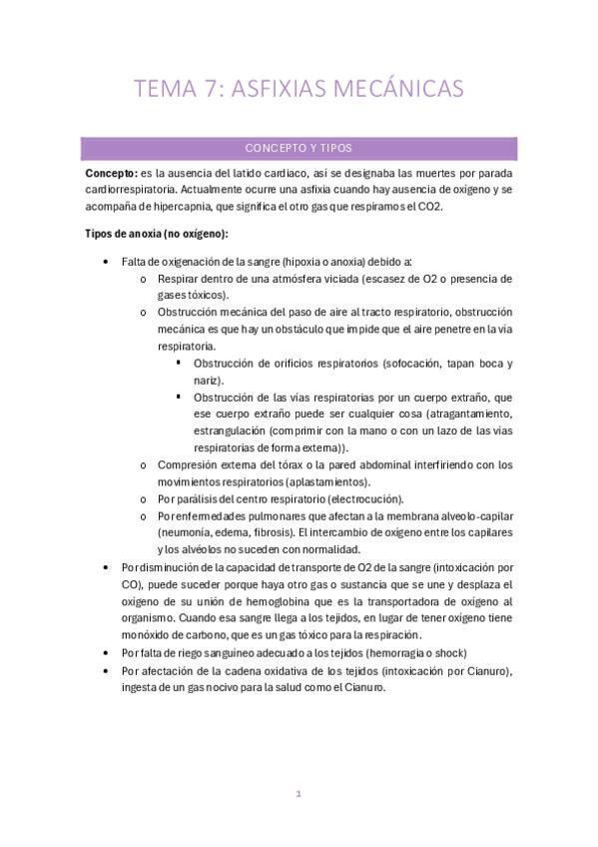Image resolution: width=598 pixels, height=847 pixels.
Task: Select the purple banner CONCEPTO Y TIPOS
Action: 299,148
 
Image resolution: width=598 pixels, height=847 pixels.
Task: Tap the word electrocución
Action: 357,498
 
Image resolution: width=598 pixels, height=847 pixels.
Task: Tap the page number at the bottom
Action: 299,793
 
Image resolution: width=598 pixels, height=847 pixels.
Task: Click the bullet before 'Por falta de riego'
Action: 107,651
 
